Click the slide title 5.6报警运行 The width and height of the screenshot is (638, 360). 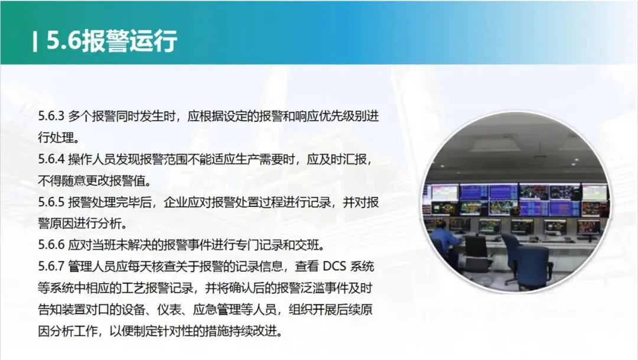[112, 41]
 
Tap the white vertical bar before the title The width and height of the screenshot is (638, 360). [35, 41]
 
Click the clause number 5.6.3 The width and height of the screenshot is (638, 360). [51, 116]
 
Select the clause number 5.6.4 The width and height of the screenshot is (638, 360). [51, 159]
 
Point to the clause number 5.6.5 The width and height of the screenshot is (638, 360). [51, 202]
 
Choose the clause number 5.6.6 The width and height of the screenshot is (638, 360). [51, 245]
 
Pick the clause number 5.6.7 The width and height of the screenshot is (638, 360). [51, 267]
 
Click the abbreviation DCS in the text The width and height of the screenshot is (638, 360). [334, 267]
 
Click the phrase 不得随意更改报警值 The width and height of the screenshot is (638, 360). [92, 180]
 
